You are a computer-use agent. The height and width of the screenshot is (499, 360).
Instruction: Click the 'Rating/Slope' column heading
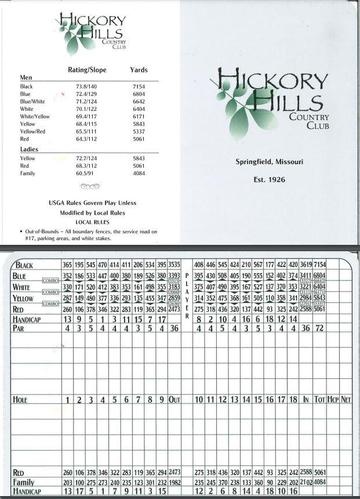click(88, 70)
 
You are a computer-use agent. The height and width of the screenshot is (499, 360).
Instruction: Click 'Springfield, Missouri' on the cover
click(269, 162)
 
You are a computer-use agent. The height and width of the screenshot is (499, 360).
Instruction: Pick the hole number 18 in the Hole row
click(293, 400)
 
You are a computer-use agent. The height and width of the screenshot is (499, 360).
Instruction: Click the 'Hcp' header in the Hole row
click(333, 400)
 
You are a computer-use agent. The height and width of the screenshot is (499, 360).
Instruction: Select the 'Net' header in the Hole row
click(346, 400)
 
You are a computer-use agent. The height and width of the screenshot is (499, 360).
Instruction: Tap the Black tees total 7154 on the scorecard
click(319, 265)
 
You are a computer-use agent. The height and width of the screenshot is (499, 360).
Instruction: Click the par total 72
click(319, 328)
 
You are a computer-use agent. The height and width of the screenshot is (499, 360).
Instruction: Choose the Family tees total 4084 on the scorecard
click(319, 482)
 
